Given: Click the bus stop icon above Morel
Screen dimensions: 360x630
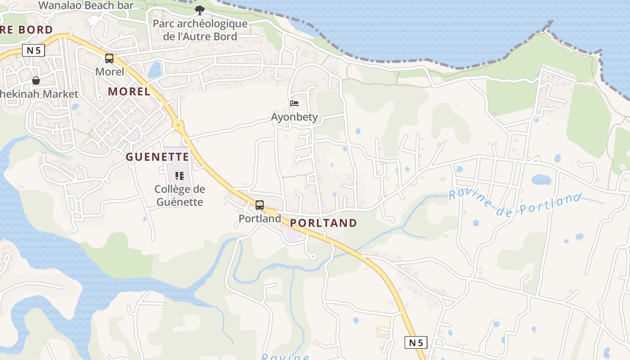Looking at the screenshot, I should (x=109, y=58).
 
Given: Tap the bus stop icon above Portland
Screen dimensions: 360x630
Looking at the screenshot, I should (x=260, y=205).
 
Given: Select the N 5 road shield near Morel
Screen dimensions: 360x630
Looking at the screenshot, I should (x=34, y=50).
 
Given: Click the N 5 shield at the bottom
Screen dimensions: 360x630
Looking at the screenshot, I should (x=415, y=343).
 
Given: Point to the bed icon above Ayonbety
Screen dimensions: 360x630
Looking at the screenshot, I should (x=294, y=103).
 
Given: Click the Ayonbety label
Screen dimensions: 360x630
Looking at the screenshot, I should (x=294, y=117).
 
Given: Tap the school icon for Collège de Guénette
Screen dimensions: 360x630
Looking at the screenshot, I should (x=179, y=176).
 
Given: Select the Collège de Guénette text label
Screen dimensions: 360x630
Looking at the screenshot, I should (x=180, y=196).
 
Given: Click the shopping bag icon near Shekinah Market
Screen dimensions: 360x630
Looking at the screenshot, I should (x=36, y=81).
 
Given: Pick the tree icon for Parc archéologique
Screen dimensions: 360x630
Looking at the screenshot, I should (x=200, y=10).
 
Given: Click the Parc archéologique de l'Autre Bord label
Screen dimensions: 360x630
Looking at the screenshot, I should (x=200, y=30).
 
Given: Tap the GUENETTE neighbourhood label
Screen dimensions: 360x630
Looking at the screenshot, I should (x=157, y=157).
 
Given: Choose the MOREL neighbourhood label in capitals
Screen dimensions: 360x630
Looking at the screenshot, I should (x=129, y=91).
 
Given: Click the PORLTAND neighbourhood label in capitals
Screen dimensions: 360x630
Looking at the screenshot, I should (x=324, y=223).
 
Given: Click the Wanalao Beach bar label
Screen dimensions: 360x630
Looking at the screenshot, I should (x=86, y=5).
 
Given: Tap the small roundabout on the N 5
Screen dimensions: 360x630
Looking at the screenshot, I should (x=179, y=125).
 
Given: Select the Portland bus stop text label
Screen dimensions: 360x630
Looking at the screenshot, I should (x=260, y=219).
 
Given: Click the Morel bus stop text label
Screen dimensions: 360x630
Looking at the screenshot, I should (x=109, y=72).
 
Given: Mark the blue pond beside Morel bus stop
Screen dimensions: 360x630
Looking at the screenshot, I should (x=154, y=70).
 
